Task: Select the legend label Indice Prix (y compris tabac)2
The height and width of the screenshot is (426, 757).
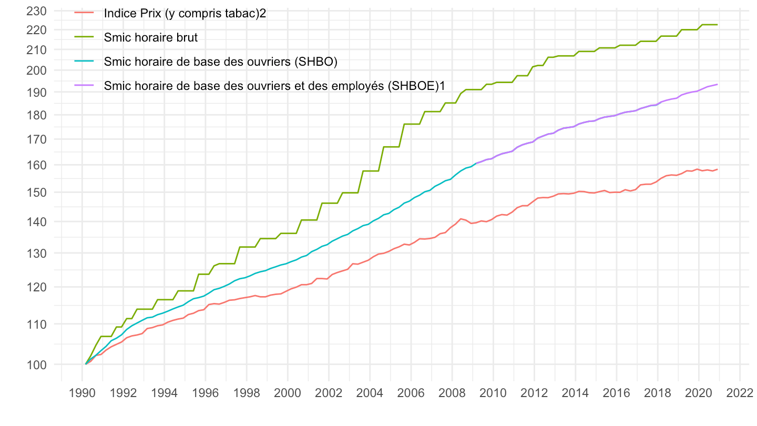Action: click(185, 13)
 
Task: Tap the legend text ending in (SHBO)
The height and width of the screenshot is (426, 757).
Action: click(220, 62)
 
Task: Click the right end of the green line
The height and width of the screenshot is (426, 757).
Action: click(717, 25)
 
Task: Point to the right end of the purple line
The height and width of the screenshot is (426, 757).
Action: click(717, 85)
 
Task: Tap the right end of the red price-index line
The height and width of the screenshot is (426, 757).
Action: click(717, 169)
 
